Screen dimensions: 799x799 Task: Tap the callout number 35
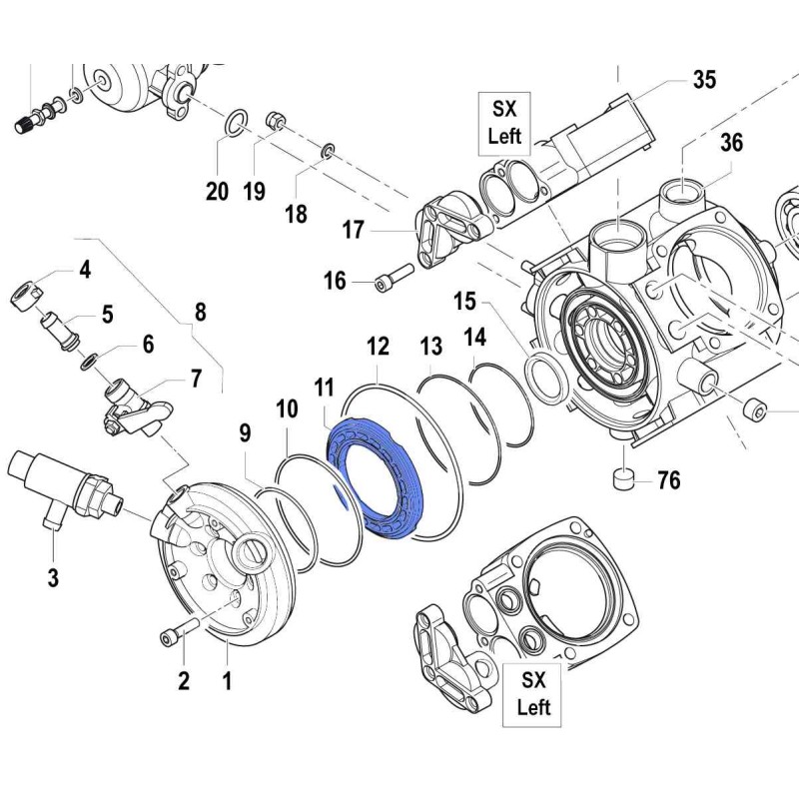pos(705,80)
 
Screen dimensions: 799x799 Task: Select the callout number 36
pos(732,143)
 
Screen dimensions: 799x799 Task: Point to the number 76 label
pos(668,481)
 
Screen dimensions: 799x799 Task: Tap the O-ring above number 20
pos(233,124)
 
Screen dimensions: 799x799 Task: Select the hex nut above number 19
pos(277,123)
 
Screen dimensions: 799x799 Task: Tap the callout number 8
pos(200,312)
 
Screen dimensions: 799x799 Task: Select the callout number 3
pos(53,576)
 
